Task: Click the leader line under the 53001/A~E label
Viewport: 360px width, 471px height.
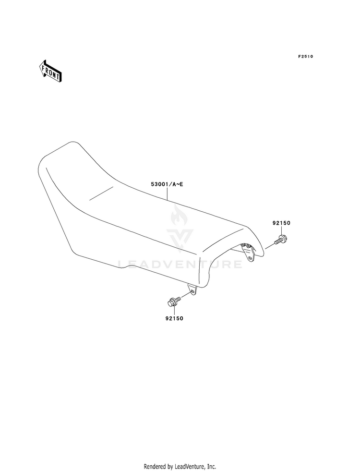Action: point(167,193)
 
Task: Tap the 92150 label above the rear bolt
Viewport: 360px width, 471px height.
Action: point(281,223)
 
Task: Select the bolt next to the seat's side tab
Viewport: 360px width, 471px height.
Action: point(173,301)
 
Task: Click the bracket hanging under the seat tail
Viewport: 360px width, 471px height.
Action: point(248,253)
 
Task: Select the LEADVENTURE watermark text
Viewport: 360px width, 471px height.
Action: point(180,264)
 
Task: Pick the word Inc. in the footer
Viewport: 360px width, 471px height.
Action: point(212,466)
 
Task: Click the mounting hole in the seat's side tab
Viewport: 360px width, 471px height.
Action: point(193,290)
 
